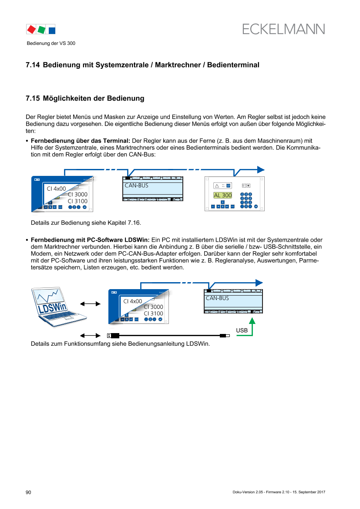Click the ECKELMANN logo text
[283, 29]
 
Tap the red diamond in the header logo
[31, 30]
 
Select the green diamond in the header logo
[41, 30]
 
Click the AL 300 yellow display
[222, 195]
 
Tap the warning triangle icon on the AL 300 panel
[216, 185]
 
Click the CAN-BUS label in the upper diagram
[136, 185]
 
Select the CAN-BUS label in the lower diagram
[217, 298]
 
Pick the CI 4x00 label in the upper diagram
[57, 189]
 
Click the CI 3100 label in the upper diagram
[77, 201]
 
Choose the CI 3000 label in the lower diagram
[153, 307]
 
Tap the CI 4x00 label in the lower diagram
[133, 301]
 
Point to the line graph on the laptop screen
[50, 298]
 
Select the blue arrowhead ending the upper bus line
[260, 169]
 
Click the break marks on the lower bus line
[186, 283]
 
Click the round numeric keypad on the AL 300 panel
[246, 200]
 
